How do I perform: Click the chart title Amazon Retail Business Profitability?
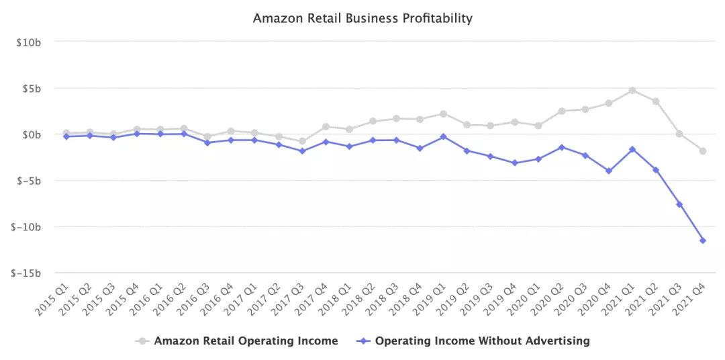click(x=362, y=18)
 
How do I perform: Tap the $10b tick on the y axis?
click(x=29, y=42)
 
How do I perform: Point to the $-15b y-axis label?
click(x=27, y=273)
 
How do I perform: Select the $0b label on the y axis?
click(x=32, y=135)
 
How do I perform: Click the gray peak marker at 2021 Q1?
click(x=632, y=90)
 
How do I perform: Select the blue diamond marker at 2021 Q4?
click(x=703, y=240)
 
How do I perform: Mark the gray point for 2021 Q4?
click(x=703, y=151)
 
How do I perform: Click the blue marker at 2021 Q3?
click(x=679, y=204)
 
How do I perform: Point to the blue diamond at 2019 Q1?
click(x=443, y=136)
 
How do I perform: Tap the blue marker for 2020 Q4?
click(x=609, y=171)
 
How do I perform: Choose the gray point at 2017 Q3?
click(x=302, y=141)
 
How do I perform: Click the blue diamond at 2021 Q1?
click(x=632, y=149)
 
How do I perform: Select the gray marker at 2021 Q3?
click(x=679, y=134)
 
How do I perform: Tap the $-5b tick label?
click(x=29, y=181)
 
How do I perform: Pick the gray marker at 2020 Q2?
click(x=561, y=111)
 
